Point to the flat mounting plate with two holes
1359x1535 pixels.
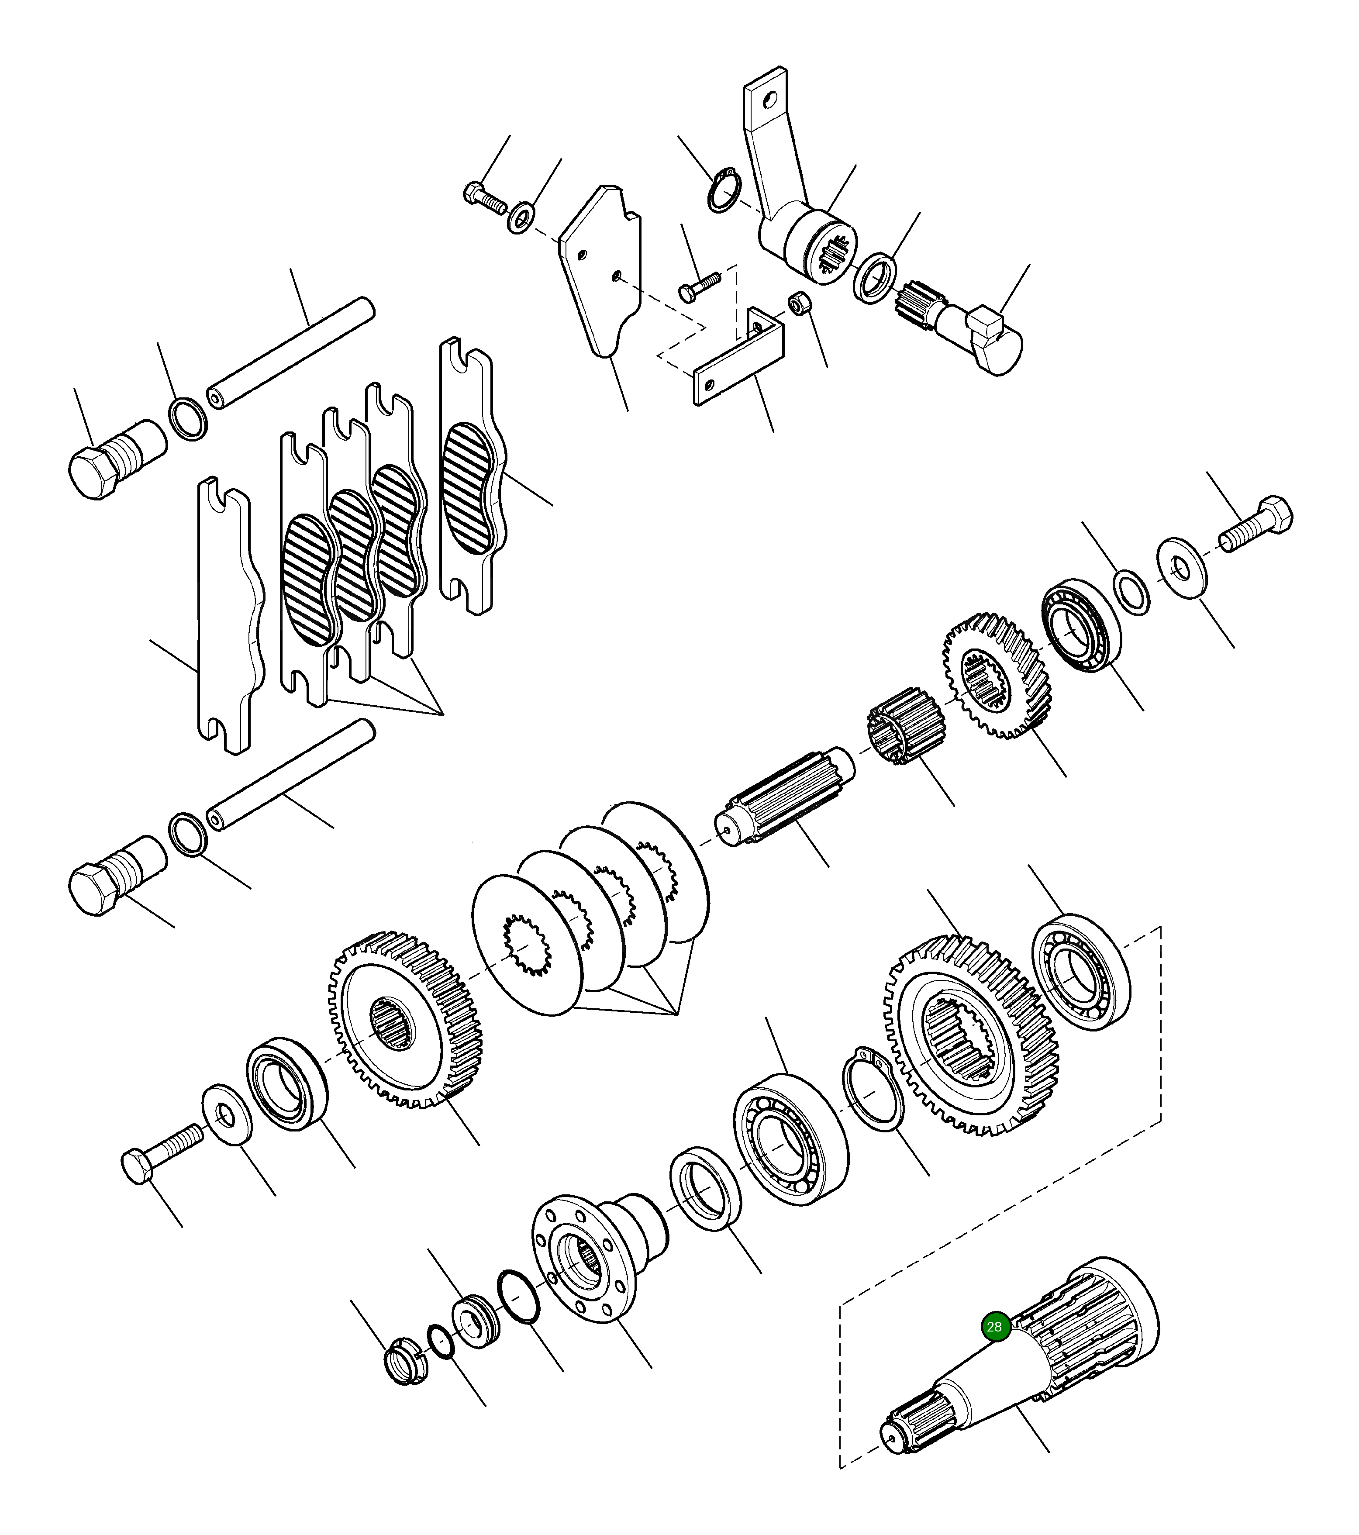tap(600, 270)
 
